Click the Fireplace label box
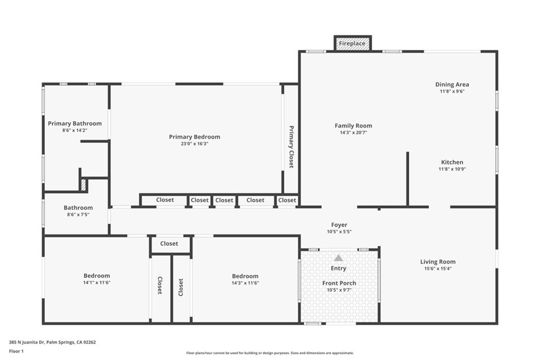click(352, 44)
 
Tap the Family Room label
click(353, 125)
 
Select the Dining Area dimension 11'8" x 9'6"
click(452, 91)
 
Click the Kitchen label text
click(452, 162)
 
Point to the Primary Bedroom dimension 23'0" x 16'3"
click(195, 143)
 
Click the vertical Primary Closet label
click(291, 147)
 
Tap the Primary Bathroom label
click(74, 123)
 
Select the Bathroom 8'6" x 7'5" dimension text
click(78, 215)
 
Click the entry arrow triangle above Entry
click(339, 258)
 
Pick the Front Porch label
click(339, 283)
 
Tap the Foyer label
click(339, 225)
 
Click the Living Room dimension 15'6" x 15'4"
click(438, 268)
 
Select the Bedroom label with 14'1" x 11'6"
click(97, 276)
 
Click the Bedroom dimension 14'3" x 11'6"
click(245, 283)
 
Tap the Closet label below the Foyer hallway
click(169, 244)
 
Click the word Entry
click(339, 268)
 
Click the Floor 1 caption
click(16, 351)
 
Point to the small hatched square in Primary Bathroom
click(83, 184)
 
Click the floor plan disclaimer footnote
click(269, 353)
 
